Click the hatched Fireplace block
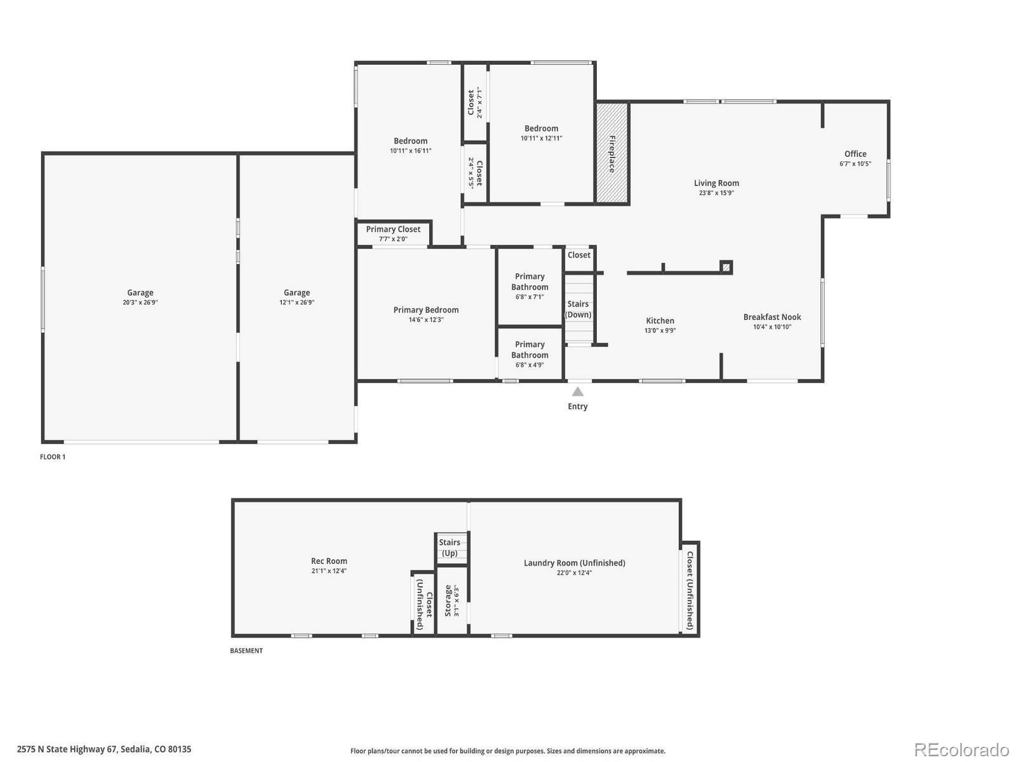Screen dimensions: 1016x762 [612, 152]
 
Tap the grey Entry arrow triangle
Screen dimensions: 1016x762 [577, 392]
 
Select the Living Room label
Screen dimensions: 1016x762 [716, 184]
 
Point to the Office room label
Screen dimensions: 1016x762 [855, 154]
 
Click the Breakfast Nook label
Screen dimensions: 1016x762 [772, 317]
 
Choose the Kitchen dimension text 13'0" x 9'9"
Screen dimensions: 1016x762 [660, 330]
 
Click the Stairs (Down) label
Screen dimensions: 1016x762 [578, 309]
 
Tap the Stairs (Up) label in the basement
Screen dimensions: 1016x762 [449, 547]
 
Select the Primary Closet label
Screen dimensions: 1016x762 [393, 229]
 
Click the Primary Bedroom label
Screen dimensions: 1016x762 [426, 310]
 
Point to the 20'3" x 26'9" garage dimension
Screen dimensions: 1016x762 [140, 302]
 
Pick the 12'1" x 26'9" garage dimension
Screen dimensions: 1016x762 [297, 302]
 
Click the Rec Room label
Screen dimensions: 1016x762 [329, 561]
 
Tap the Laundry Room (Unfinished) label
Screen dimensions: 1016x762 [574, 563]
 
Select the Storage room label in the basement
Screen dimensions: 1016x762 [448, 600]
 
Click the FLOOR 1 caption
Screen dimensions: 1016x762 [53, 457]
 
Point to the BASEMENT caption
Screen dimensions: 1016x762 [246, 650]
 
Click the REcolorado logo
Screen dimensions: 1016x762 [961, 749]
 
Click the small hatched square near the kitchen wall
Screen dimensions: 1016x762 [726, 267]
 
